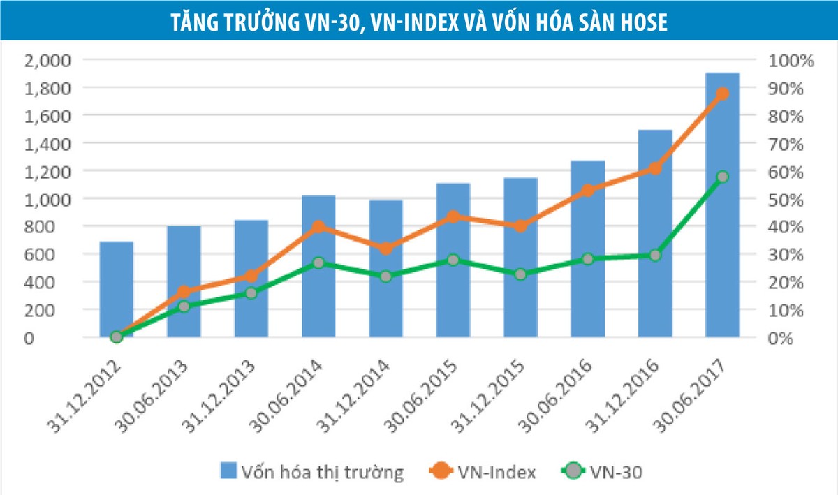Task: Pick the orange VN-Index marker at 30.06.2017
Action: [722, 94]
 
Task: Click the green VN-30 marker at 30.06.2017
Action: [722, 177]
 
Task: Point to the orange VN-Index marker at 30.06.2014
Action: [318, 227]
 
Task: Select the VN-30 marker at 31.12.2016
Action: [655, 256]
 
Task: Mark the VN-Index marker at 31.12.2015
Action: [520, 226]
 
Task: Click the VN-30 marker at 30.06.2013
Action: [184, 306]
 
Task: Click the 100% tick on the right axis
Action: [791, 60]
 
